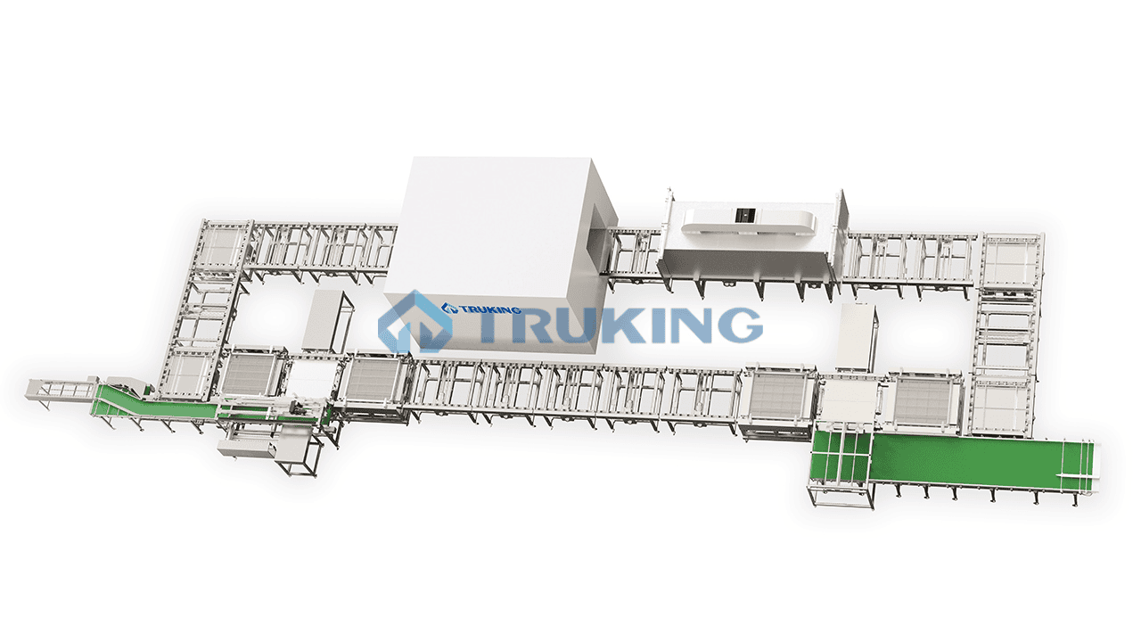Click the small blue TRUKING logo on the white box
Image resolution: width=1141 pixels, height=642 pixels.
481,309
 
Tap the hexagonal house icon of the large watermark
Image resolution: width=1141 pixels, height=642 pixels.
415,322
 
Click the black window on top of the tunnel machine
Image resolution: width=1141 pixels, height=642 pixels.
746,215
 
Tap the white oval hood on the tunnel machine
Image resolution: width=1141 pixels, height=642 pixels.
748,224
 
